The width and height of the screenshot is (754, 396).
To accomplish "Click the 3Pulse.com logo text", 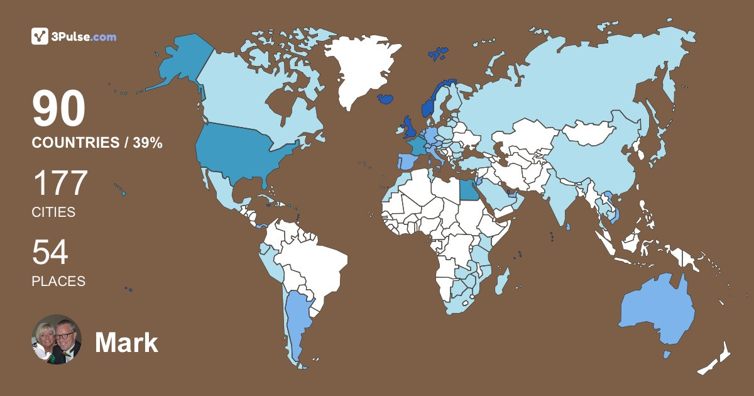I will pyautogui.click(x=84, y=37).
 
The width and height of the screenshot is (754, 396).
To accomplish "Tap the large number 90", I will pyautogui.click(x=58, y=110).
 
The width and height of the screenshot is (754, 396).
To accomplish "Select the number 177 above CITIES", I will pyautogui.click(x=60, y=184).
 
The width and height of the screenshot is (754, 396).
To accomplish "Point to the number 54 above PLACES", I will pyautogui.click(x=50, y=253).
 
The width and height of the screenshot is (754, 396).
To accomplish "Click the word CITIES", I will pyautogui.click(x=53, y=212).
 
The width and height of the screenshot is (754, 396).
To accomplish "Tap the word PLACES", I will pyautogui.click(x=58, y=282).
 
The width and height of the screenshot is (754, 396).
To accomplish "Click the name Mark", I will pyautogui.click(x=126, y=343).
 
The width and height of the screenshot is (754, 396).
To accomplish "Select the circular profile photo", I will pyautogui.click(x=57, y=339).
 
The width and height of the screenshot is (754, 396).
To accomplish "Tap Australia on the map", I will pyautogui.click(x=657, y=311).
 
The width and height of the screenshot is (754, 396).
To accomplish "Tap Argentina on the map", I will pyautogui.click(x=296, y=321).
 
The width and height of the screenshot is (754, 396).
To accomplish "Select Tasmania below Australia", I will pyautogui.click(x=667, y=355).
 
